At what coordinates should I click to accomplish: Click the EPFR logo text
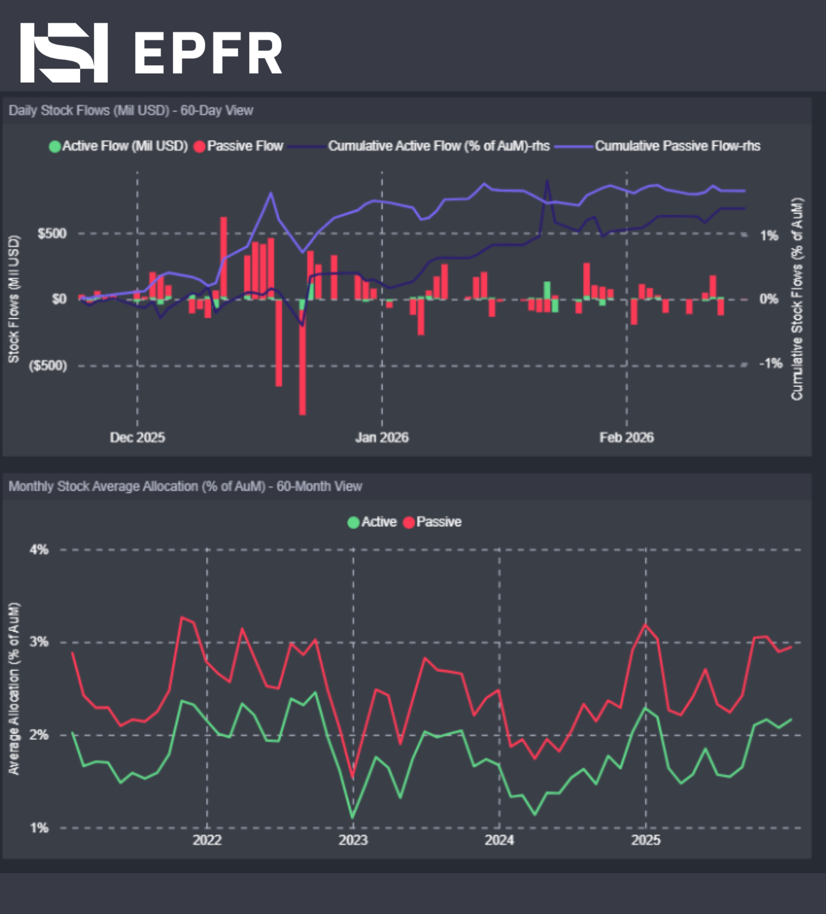(x=208, y=53)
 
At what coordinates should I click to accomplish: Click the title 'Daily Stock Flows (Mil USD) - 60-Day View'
(x=130, y=111)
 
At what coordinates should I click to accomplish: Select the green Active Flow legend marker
(x=54, y=147)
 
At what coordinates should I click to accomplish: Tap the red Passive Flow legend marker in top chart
(x=200, y=147)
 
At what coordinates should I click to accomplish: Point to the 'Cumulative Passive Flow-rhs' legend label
(x=677, y=146)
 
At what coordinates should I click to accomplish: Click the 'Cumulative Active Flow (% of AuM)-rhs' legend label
(x=438, y=146)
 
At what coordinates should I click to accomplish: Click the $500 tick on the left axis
(x=52, y=233)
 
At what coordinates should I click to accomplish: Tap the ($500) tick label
(x=48, y=365)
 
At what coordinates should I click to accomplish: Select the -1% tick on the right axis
(x=770, y=363)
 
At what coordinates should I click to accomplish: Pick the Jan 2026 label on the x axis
(x=382, y=437)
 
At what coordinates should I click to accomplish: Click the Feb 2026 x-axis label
(x=626, y=437)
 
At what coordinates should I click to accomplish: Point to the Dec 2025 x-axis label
(x=137, y=437)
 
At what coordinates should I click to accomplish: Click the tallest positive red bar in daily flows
(x=224, y=257)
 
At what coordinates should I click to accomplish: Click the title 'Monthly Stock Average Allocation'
(x=185, y=486)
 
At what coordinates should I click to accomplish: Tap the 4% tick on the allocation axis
(x=39, y=549)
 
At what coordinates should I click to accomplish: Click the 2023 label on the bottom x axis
(x=353, y=840)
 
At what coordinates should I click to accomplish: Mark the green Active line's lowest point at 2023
(x=353, y=817)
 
